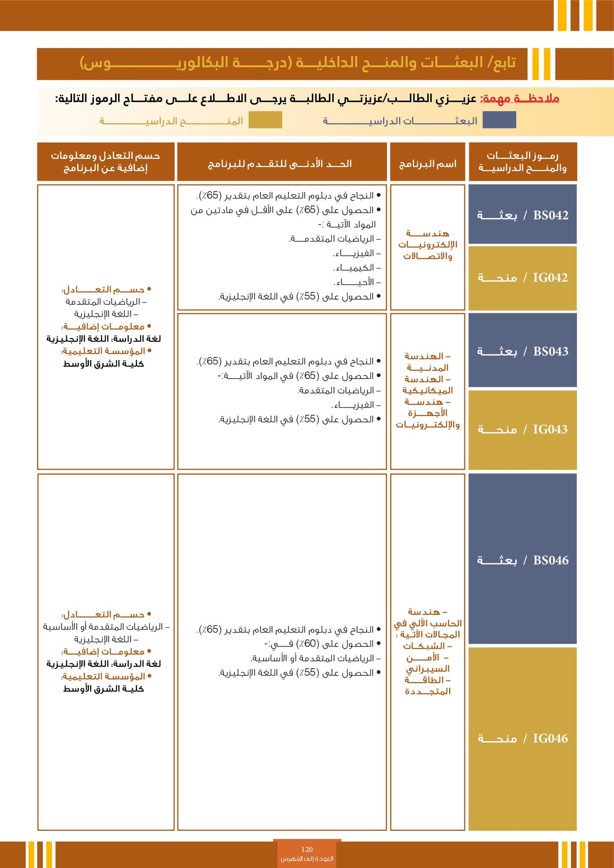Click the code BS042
pyautogui.click(x=550, y=215)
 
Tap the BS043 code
pyautogui.click(x=550, y=351)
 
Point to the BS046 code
pyautogui.click(x=550, y=560)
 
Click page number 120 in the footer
pyautogui.click(x=307, y=850)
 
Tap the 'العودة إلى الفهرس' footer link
pyautogui.click(x=307, y=858)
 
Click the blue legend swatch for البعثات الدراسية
pyautogui.click(x=499, y=120)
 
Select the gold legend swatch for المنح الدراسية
pyautogui.click(x=265, y=120)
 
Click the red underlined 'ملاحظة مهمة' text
pyautogui.click(x=520, y=99)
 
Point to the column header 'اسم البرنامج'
pyautogui.click(x=427, y=164)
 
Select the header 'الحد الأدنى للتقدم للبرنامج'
pyautogui.click(x=280, y=164)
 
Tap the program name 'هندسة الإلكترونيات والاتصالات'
pyautogui.click(x=427, y=245)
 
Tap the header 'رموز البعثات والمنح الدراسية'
pyautogui.click(x=523, y=161)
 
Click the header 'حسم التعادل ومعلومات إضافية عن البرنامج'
pyautogui.click(x=106, y=161)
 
